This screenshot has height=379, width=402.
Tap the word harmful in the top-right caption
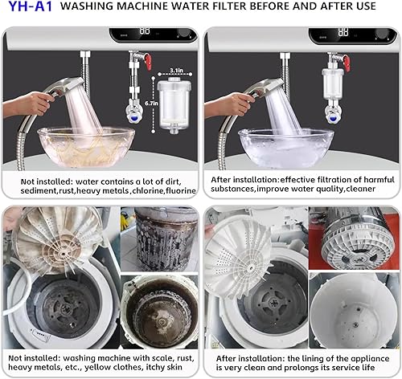[x=371, y=181]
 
